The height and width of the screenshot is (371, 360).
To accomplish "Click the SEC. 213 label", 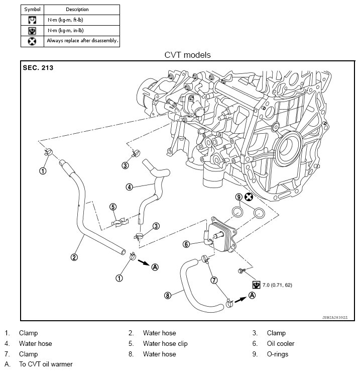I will point(38,67).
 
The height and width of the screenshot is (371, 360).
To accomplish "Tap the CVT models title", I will point(187,54).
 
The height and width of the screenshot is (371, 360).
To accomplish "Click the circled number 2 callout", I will point(74,257).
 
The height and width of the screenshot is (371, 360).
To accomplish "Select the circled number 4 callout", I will point(129,187).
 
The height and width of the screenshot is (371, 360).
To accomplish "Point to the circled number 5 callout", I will point(113,207).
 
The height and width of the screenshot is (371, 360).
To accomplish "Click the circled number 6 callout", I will point(186,244).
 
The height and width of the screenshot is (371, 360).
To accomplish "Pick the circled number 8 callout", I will point(168,296).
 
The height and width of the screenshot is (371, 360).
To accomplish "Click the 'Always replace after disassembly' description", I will point(82,41).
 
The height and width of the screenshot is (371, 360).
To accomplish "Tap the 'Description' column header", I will point(77,10).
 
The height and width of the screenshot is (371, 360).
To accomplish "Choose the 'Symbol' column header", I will point(33,10).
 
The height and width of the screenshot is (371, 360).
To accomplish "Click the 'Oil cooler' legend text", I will point(281,343).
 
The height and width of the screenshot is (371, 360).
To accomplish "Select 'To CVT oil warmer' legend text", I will point(46,364).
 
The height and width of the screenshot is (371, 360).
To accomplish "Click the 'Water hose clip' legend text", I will point(165,343).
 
